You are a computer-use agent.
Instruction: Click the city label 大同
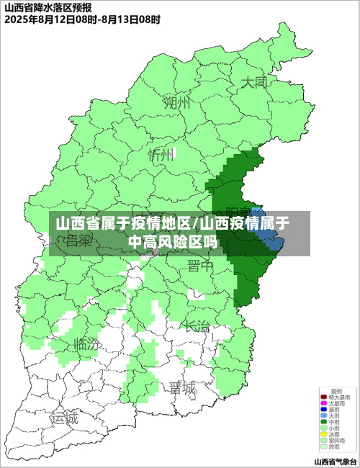tap(253, 82)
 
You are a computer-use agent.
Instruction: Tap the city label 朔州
tap(177, 102)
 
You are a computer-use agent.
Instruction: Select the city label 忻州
tap(161, 155)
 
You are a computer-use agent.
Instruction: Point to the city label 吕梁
tap(79, 242)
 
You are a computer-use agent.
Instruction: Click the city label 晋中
tap(200, 266)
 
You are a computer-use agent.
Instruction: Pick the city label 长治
tap(197, 325)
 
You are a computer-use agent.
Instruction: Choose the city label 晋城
tap(182, 388)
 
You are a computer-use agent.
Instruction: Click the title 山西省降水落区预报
tap(48, 6)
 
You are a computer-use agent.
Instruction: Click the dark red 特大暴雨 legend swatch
tap(324, 397)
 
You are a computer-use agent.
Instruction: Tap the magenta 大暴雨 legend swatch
tap(324, 403)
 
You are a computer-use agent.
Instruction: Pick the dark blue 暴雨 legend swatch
tap(324, 409)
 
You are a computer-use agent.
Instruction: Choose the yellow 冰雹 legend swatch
tap(324, 434)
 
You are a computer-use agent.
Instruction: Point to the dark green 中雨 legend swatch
tap(324, 422)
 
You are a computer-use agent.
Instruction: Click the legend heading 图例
tap(336, 390)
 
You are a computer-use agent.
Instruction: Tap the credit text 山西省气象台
tap(336, 461)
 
